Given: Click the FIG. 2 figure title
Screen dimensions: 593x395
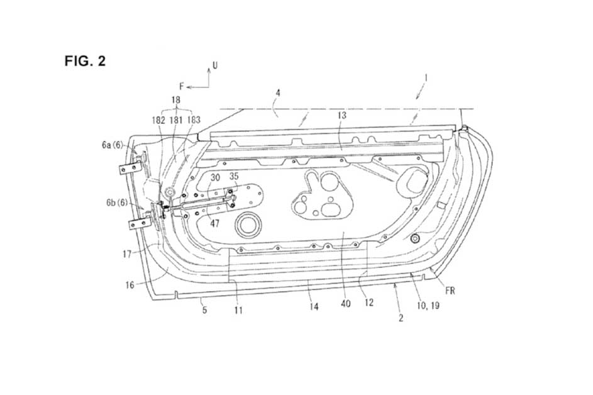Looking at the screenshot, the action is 85,61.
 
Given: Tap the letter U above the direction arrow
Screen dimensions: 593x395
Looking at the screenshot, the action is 215,65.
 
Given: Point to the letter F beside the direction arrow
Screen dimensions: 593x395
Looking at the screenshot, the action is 182,87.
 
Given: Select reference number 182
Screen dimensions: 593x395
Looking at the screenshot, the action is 158,120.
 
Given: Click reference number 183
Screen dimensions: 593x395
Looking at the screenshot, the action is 194,120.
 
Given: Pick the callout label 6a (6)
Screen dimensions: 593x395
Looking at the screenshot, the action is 113,145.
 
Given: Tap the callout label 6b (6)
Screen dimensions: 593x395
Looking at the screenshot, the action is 117,203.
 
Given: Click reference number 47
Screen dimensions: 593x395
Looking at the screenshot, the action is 215,224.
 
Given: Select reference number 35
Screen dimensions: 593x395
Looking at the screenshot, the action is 234,176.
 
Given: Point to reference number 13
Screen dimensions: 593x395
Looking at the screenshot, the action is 341,115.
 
